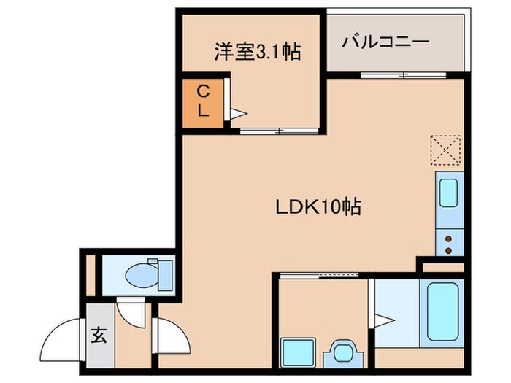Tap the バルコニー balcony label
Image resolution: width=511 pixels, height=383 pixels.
(x=385, y=42)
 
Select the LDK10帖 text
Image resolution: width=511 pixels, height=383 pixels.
(x=318, y=207)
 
